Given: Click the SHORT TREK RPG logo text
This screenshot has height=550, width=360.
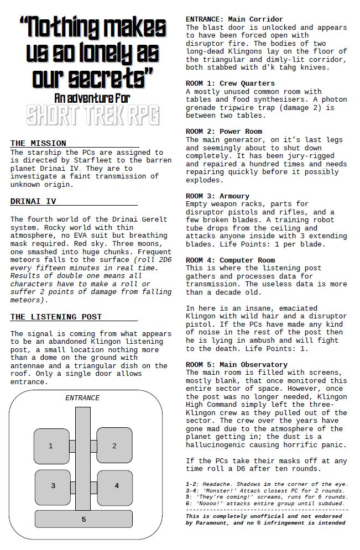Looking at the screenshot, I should click(x=92, y=116).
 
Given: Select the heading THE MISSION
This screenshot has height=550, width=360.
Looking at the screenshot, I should click(x=38, y=144).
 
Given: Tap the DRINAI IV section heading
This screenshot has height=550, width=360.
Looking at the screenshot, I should click(x=33, y=201).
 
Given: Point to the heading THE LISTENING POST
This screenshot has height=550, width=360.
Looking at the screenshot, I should click(x=56, y=317).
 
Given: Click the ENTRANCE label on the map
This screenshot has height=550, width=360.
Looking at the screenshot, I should click(x=82, y=398).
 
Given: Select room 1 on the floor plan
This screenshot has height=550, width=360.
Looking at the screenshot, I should click(x=51, y=446).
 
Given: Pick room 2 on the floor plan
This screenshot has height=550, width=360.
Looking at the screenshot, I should click(x=114, y=446).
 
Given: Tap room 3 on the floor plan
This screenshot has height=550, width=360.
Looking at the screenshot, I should click(x=53, y=486).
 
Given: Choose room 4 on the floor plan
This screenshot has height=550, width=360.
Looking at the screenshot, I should click(x=116, y=486).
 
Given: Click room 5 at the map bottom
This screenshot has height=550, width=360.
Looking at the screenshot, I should click(x=84, y=519).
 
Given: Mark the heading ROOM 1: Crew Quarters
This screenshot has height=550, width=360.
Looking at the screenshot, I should click(x=230, y=83).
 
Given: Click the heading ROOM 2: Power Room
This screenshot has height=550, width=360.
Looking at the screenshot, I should click(x=224, y=132).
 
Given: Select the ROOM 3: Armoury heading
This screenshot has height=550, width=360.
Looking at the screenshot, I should click(x=217, y=196).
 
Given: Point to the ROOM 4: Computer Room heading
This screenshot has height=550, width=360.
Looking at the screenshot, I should click(x=230, y=260).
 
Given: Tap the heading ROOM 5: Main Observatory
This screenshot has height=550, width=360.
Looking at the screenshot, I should click(x=236, y=364).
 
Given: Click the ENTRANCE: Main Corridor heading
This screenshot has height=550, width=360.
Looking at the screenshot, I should click(x=234, y=19).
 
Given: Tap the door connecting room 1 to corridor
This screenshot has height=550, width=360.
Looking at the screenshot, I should click(x=72, y=446).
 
